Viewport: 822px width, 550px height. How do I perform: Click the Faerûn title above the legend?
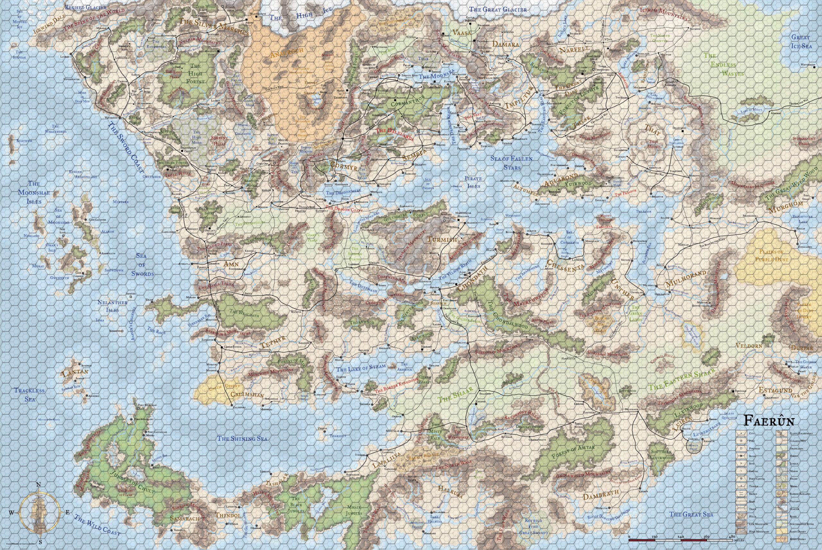tap(769, 421)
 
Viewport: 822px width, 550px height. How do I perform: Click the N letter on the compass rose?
tap(39, 485)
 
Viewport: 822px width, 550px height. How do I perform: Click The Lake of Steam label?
tap(361, 368)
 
